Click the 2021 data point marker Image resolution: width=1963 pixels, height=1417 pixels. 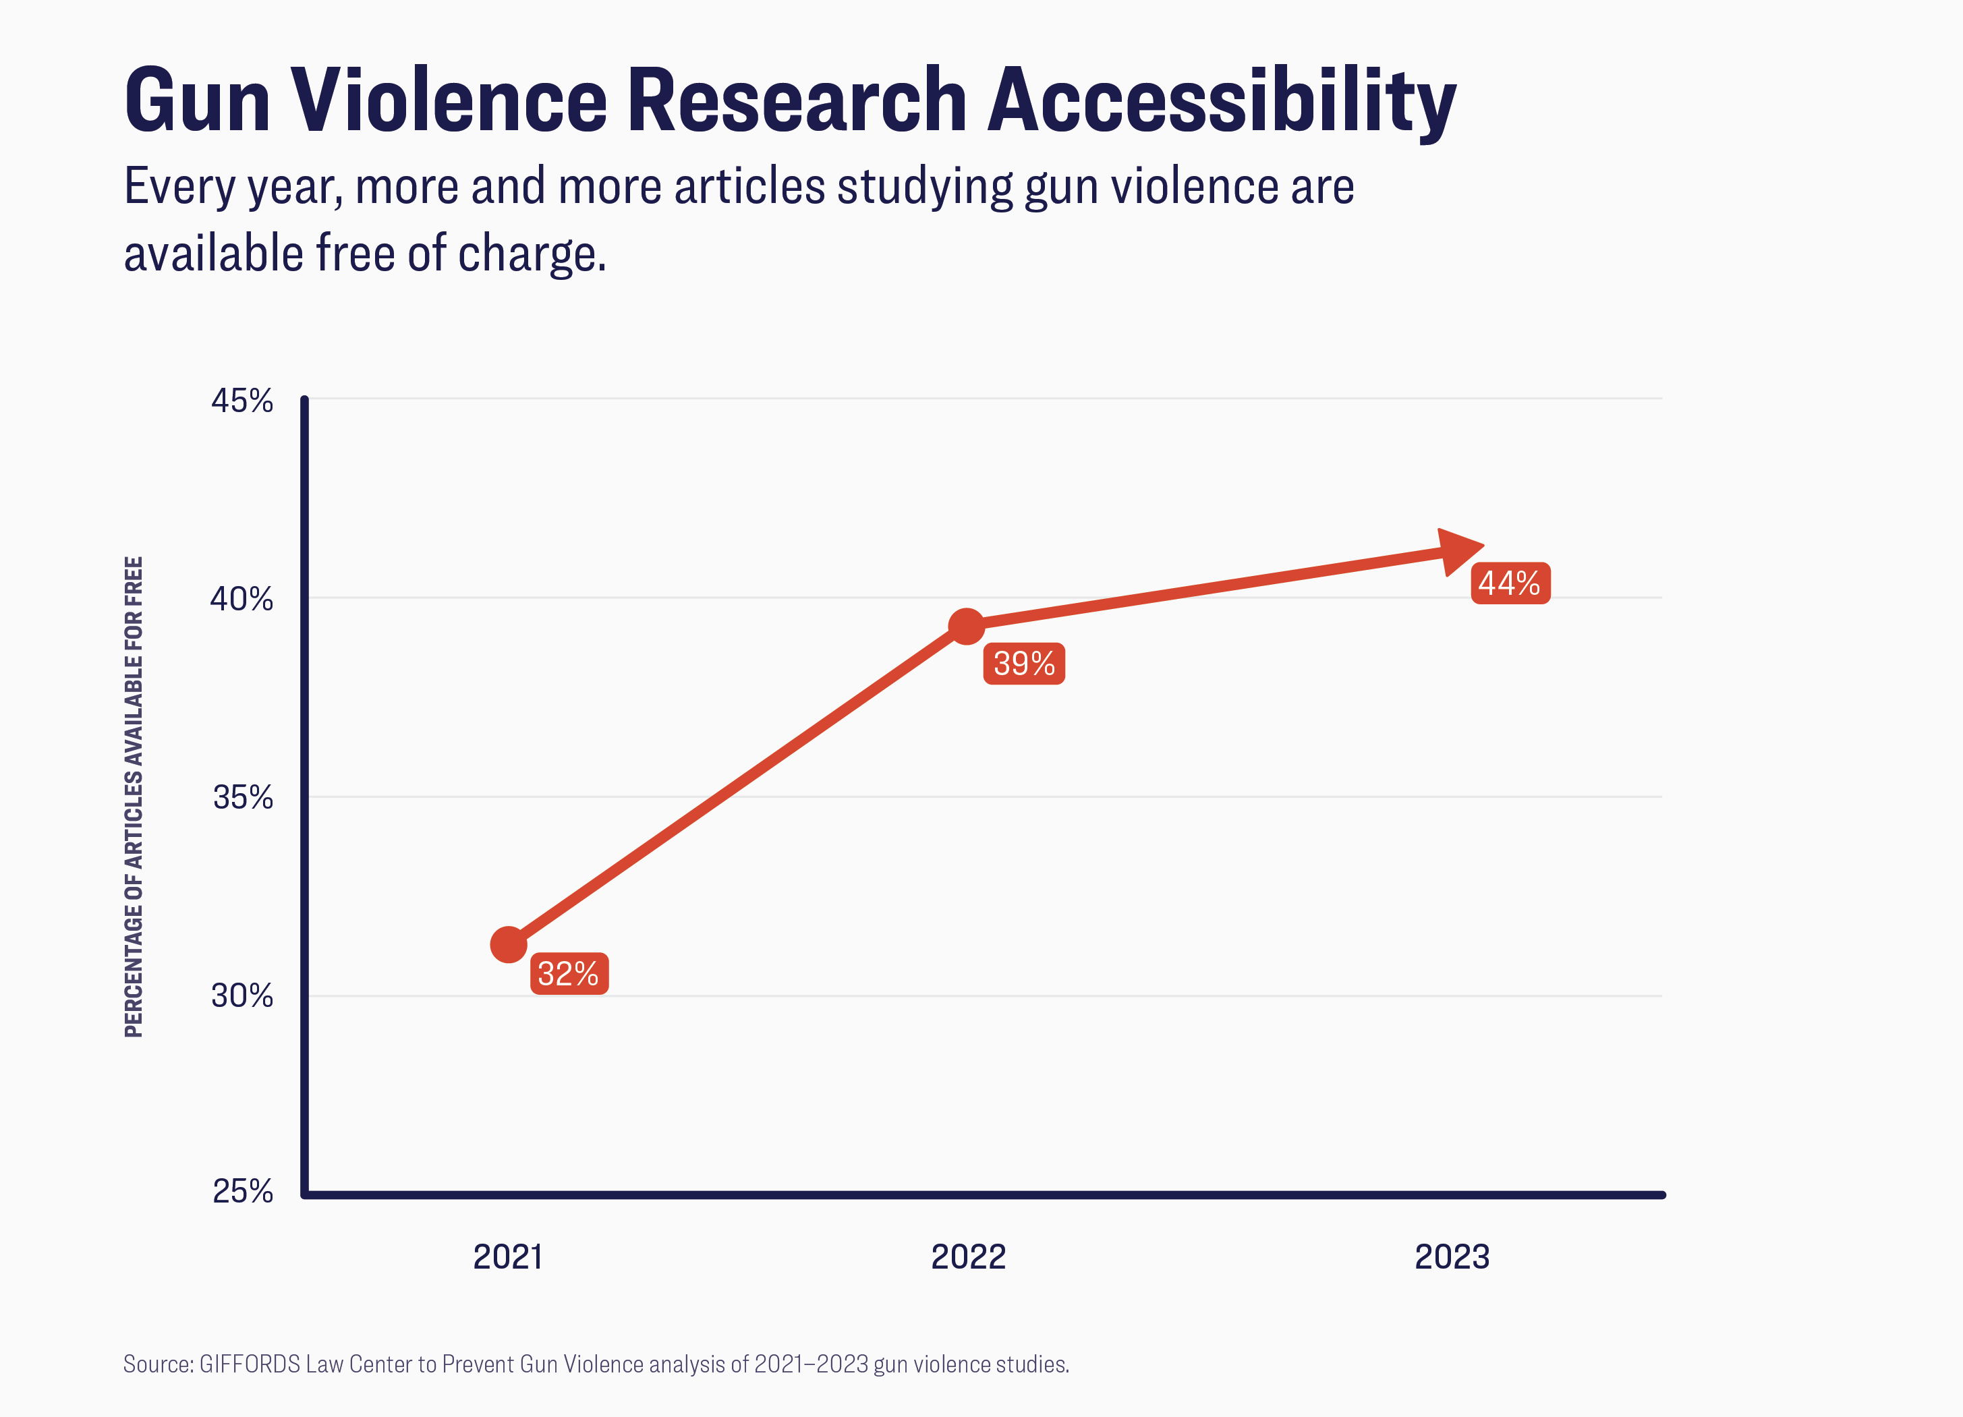point(509,944)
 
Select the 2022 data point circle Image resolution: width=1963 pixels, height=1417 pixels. point(966,626)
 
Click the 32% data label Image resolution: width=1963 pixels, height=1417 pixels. point(569,974)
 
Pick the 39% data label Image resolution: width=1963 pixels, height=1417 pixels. point(1024,664)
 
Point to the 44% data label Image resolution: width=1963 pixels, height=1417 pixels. point(1510,583)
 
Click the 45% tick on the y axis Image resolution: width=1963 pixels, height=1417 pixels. point(242,401)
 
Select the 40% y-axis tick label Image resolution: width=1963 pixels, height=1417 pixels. point(241,599)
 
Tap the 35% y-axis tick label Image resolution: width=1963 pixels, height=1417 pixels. point(242,797)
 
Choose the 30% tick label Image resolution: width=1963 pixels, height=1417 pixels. point(242,995)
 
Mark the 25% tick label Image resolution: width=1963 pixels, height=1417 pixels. point(242,1192)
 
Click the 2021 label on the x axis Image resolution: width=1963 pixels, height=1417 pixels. point(508,1257)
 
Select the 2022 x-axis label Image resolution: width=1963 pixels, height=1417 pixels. point(967,1257)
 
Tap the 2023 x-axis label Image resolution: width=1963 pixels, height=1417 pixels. point(1452,1257)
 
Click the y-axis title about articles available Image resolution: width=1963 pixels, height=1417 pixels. point(134,797)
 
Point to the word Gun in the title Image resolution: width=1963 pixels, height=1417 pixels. point(198,101)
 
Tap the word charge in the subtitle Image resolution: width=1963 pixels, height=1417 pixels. point(532,254)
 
